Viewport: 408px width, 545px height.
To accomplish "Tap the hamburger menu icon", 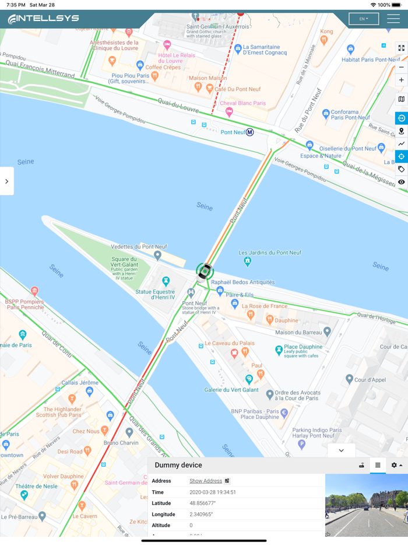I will point(393,19).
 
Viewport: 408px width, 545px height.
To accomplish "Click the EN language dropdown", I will point(363,19).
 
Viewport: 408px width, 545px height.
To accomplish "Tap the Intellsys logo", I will point(43,19).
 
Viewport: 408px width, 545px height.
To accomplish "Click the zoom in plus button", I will point(401,80).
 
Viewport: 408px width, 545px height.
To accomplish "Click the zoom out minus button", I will point(401,67).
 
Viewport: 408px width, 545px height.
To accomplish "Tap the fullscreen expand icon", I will point(401,48).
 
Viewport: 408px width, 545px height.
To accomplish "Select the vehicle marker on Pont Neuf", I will point(205,271).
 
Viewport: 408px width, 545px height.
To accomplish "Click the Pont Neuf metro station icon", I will point(249,132).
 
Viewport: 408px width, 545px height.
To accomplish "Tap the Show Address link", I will point(206,481).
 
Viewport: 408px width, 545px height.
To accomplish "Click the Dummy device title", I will point(178,465).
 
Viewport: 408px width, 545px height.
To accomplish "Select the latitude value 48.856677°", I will point(202,503).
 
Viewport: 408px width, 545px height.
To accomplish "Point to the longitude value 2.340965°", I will point(201,514).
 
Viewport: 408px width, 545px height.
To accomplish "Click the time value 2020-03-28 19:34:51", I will point(212,492).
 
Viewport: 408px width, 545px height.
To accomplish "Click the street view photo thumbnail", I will point(366,505).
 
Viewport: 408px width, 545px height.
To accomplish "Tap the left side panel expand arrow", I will point(6,181).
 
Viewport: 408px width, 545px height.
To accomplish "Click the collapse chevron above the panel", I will point(341,450).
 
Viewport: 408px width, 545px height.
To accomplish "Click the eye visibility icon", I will point(401,182).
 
